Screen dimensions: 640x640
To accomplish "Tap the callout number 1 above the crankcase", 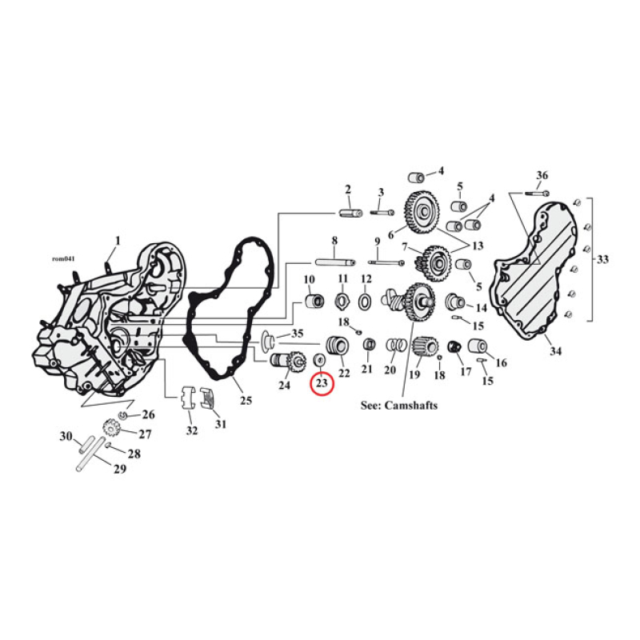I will point(117,240).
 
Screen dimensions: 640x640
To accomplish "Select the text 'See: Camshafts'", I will point(399,406).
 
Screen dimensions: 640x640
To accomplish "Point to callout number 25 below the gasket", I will point(246,399).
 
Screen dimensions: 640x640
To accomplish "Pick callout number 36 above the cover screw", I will point(542,175).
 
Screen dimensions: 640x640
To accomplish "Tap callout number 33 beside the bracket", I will point(602,258).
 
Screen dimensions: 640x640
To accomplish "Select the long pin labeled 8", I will point(334,261).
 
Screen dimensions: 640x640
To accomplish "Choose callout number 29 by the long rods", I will point(120,469).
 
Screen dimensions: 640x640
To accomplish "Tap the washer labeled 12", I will point(366,302).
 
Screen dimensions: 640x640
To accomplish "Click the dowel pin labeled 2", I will point(349,213).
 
